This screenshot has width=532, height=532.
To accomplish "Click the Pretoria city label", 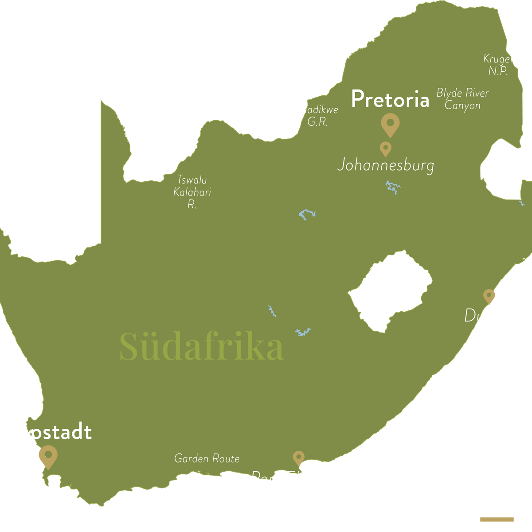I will [x=390, y=99].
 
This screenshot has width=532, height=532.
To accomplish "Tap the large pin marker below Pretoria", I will [x=390, y=124].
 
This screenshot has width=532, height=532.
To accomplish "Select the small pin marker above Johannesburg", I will [x=386, y=148].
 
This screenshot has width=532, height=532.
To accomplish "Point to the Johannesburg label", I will [x=385, y=166].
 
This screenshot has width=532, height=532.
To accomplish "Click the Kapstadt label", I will [x=48, y=432].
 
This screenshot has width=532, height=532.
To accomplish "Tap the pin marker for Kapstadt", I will [x=47, y=456].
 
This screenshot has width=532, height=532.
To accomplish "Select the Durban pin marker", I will [x=489, y=296].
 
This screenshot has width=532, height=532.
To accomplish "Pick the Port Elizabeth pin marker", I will [x=299, y=458].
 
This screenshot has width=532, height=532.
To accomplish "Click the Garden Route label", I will [x=207, y=458].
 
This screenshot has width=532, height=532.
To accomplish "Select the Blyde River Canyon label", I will [x=462, y=99].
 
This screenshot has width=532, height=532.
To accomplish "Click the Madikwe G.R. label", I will [x=317, y=116].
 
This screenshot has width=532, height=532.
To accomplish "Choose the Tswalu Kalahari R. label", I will [x=192, y=192].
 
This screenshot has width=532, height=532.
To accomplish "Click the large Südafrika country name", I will [x=202, y=347].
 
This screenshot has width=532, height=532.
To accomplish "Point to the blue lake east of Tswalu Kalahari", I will [x=307, y=215].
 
